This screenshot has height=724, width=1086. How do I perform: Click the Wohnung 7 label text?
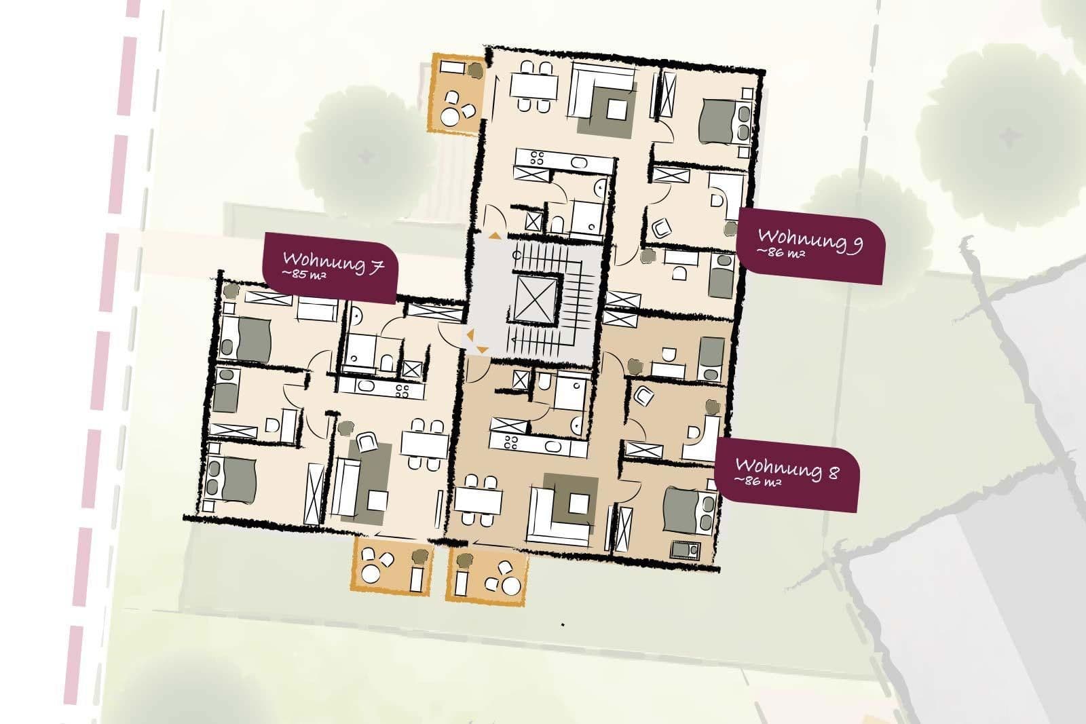[x=333, y=262]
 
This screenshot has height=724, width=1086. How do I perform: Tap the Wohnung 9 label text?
[x=810, y=239]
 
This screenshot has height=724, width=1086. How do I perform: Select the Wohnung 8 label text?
[x=787, y=468]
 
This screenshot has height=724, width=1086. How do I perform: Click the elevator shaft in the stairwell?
[x=536, y=299]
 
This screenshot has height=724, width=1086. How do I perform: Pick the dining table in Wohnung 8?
[x=478, y=501]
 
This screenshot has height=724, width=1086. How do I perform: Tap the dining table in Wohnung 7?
[x=424, y=444]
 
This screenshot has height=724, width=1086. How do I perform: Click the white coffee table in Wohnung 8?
[x=579, y=503]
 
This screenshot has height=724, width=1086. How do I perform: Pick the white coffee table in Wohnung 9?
[x=617, y=109]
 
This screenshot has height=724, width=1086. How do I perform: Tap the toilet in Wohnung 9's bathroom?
[x=557, y=223]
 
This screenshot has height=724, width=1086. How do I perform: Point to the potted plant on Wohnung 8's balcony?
[x=465, y=561]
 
